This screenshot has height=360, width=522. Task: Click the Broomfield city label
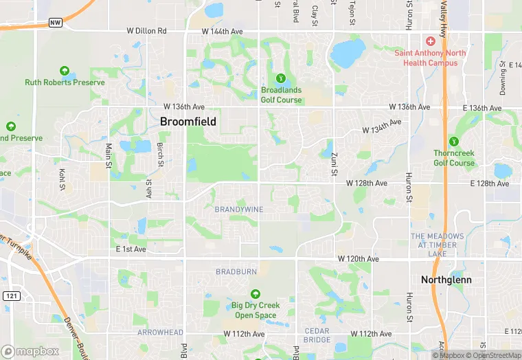tap(188, 122)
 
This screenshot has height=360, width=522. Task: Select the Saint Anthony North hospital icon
tap(430, 43)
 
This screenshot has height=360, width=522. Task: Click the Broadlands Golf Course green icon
tap(280, 78)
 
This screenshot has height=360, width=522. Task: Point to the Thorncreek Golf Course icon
tap(453, 142)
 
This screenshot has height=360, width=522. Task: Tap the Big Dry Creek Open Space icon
tap(255, 294)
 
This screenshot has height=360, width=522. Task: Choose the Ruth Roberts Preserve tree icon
tap(65, 71)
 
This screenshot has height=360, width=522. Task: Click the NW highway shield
tap(56, 23)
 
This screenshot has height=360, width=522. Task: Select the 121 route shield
tap(11, 295)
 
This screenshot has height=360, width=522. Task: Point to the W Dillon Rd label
tap(147, 32)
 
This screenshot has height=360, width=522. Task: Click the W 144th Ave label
tap(222, 32)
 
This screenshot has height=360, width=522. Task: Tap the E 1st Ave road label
tap(130, 249)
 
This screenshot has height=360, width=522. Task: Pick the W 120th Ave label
tap(358, 259)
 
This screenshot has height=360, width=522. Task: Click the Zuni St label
tap(332, 164)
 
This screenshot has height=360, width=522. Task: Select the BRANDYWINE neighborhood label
tap(239, 209)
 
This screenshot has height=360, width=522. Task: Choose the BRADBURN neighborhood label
tap(236, 272)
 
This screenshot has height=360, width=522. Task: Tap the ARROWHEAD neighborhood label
tap(160, 332)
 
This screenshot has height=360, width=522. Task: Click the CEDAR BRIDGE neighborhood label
tap(317, 336)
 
